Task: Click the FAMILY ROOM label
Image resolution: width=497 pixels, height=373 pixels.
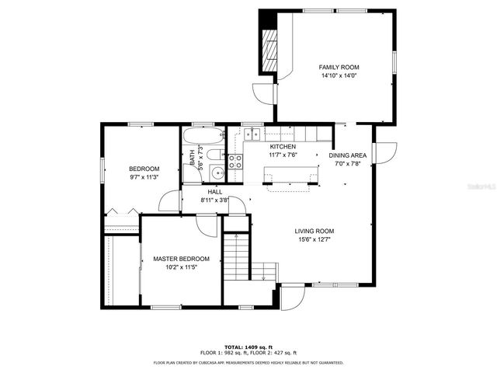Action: coord(339,68)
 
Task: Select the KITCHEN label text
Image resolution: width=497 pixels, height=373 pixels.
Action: coord(283,147)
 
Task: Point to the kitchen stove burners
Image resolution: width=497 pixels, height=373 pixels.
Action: coord(235,162)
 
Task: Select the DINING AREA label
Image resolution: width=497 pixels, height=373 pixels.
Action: coord(348,155)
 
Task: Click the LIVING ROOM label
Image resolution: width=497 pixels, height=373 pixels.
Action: coord(314,231)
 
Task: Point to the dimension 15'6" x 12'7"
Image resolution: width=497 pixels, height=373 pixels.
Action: coord(314,240)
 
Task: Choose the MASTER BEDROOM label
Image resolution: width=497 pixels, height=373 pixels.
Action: coord(181,259)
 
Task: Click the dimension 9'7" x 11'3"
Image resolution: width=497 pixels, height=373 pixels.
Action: coord(144,177)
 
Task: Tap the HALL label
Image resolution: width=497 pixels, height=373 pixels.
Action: coord(215,191)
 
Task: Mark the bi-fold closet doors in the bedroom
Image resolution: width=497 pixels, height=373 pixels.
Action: coord(122,211)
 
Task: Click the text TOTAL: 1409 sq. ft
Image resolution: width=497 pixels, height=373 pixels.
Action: coord(248,346)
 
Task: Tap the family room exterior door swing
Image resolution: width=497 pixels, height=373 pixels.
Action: coord(266,92)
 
